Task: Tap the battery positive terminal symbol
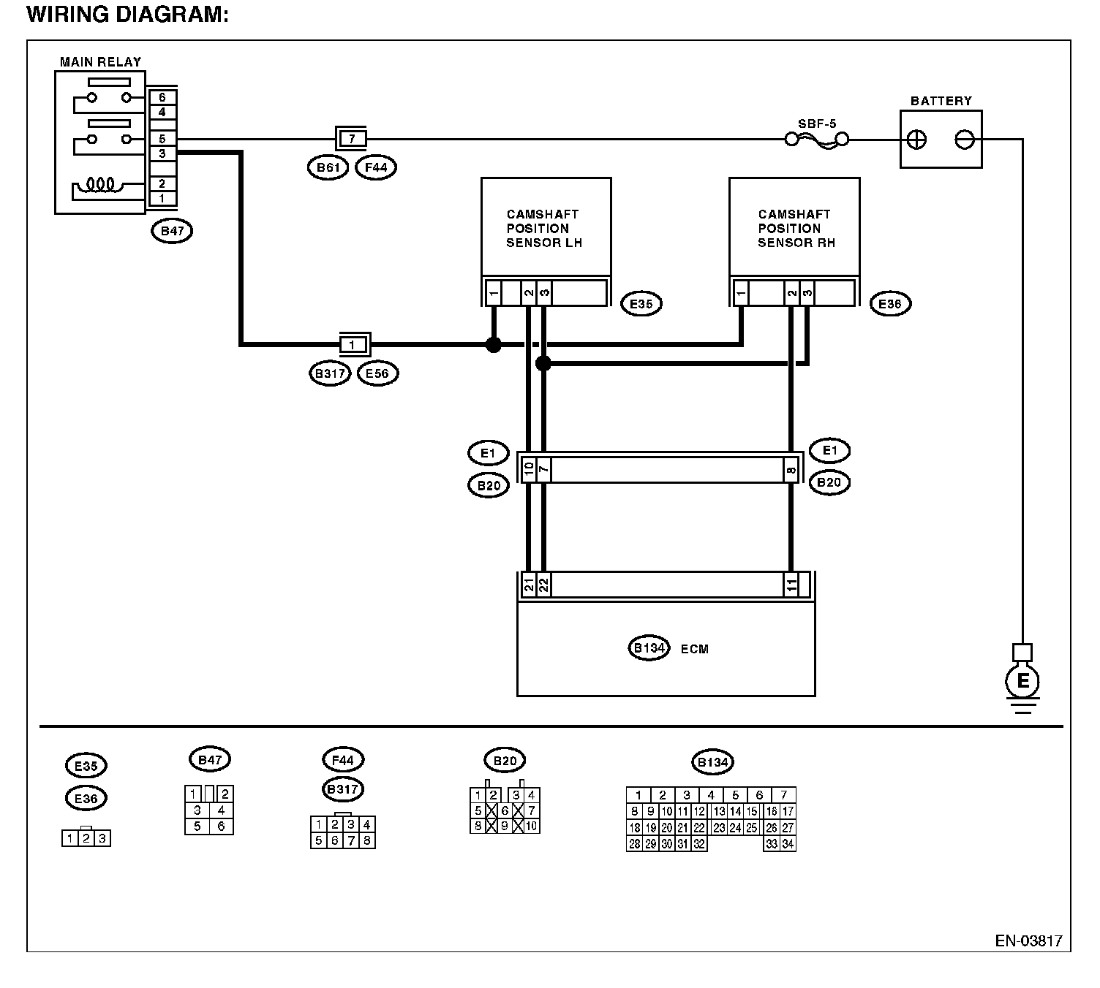(x=916, y=140)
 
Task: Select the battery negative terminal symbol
(x=965, y=140)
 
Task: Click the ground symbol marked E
(x=1022, y=681)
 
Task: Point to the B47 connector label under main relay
(x=172, y=231)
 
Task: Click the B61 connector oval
(x=328, y=167)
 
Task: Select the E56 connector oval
(x=377, y=373)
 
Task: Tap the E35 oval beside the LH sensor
(x=641, y=303)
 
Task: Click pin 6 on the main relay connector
(x=162, y=97)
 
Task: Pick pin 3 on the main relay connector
(x=162, y=153)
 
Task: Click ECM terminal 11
(x=791, y=585)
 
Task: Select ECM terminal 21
(x=529, y=585)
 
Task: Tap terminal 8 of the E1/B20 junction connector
(x=791, y=470)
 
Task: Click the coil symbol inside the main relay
(x=100, y=184)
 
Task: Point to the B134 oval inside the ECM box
(x=649, y=648)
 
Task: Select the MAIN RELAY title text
(x=100, y=62)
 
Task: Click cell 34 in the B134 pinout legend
(x=788, y=844)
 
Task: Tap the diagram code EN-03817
(x=1029, y=941)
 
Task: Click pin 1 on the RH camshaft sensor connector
(x=741, y=293)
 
